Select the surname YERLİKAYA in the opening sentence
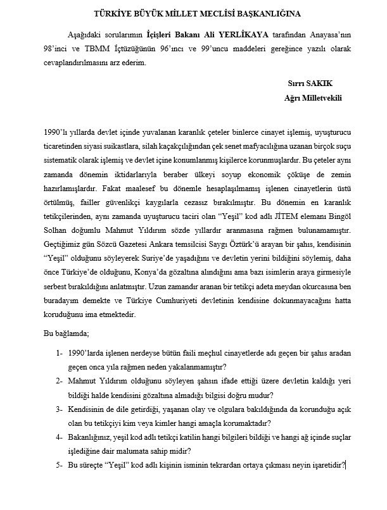coord(231,34)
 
